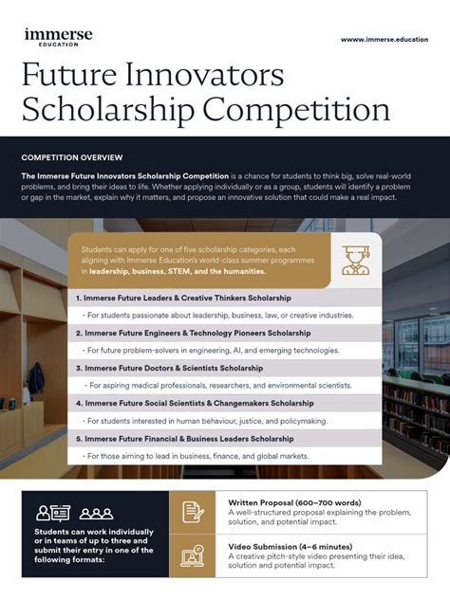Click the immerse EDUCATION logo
(x=58, y=37)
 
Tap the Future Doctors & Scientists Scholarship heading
(x=174, y=368)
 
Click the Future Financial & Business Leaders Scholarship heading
(x=191, y=438)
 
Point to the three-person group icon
(x=96, y=514)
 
